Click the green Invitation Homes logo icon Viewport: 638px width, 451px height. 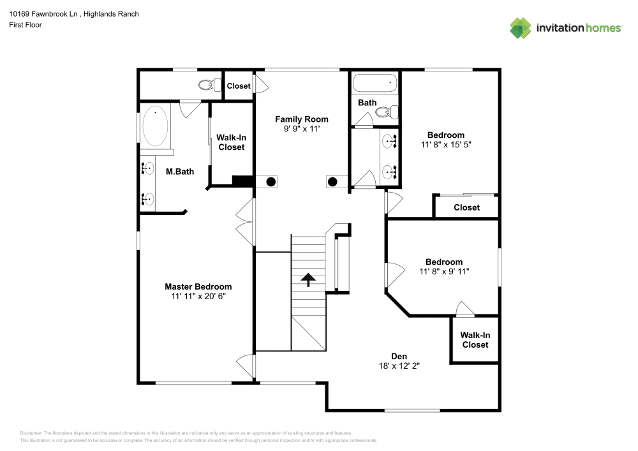(521, 27)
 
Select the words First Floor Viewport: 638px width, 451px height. (26, 25)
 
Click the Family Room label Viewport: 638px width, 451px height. (302, 119)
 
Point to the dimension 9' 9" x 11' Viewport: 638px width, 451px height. (302, 129)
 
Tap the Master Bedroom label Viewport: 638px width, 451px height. (198, 287)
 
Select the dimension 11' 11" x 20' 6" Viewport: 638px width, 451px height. (198, 297)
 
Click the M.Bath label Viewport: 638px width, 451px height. (180, 172)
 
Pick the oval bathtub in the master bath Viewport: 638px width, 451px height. (156, 126)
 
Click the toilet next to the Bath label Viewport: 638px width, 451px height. (387, 112)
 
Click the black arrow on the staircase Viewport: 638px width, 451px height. (308, 279)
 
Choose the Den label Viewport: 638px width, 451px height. (399, 356)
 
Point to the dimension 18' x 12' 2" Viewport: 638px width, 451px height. (399, 366)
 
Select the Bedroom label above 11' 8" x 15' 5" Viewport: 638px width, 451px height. (445, 135)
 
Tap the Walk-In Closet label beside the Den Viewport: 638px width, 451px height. (475, 339)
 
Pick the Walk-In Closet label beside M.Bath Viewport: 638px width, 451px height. (231, 142)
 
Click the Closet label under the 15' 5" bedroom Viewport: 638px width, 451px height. (466, 207)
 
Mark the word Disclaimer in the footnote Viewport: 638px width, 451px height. (31, 433)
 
